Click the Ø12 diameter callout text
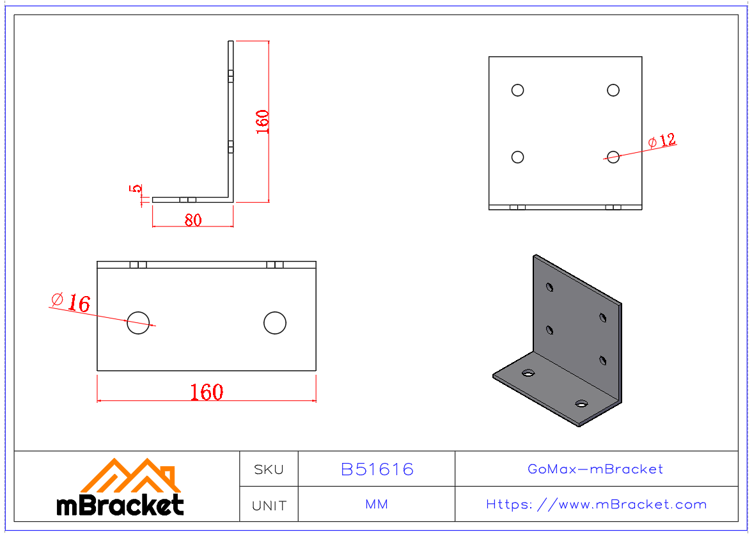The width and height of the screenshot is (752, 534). click(662, 141)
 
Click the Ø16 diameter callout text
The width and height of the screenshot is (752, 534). click(70, 302)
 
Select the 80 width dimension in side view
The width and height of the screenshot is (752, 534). click(193, 220)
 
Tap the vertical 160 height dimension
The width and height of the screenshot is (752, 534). click(262, 122)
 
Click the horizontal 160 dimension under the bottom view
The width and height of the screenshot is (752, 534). click(207, 392)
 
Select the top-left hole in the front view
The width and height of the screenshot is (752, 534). click(518, 90)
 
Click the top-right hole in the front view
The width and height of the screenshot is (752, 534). click(613, 90)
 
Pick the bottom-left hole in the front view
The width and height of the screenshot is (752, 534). click(518, 157)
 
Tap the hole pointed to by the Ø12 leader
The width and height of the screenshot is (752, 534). click(613, 157)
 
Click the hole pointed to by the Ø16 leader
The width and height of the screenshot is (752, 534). click(138, 323)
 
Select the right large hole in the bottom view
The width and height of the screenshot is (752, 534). click(275, 323)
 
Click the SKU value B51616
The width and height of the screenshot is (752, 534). click(377, 469)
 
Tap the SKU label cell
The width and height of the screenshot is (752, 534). click(269, 469)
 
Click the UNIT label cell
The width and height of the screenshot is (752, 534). click(269, 505)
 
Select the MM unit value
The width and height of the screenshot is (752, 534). click(377, 505)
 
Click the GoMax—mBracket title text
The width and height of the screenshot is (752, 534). click(595, 469)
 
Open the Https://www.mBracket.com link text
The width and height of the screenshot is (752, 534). click(596, 505)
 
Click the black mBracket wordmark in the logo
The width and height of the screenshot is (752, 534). click(120, 505)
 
